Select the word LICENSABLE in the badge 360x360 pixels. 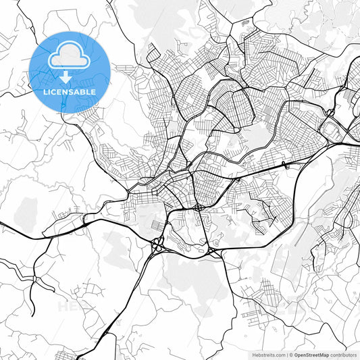coord(70,91)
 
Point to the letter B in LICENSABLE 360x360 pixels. coord(85,91)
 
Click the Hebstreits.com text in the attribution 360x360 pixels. coord(265,354)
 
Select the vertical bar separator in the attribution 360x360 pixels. coord(286,354)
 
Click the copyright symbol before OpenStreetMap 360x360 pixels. coord(291,354)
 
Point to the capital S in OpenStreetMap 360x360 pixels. coord(307,354)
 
